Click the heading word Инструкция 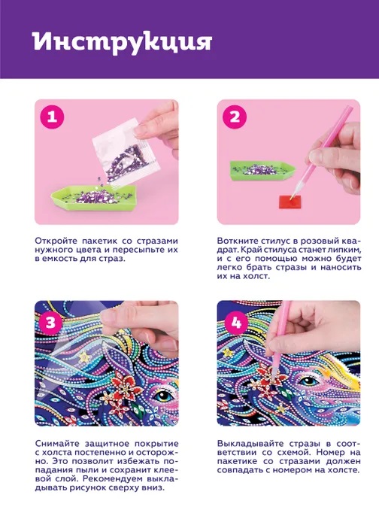point(123,43)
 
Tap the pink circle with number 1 point(52,117)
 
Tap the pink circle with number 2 point(235,117)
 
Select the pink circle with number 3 point(50,322)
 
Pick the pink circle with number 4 point(236,322)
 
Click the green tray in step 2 point(262,171)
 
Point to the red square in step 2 point(290,202)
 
